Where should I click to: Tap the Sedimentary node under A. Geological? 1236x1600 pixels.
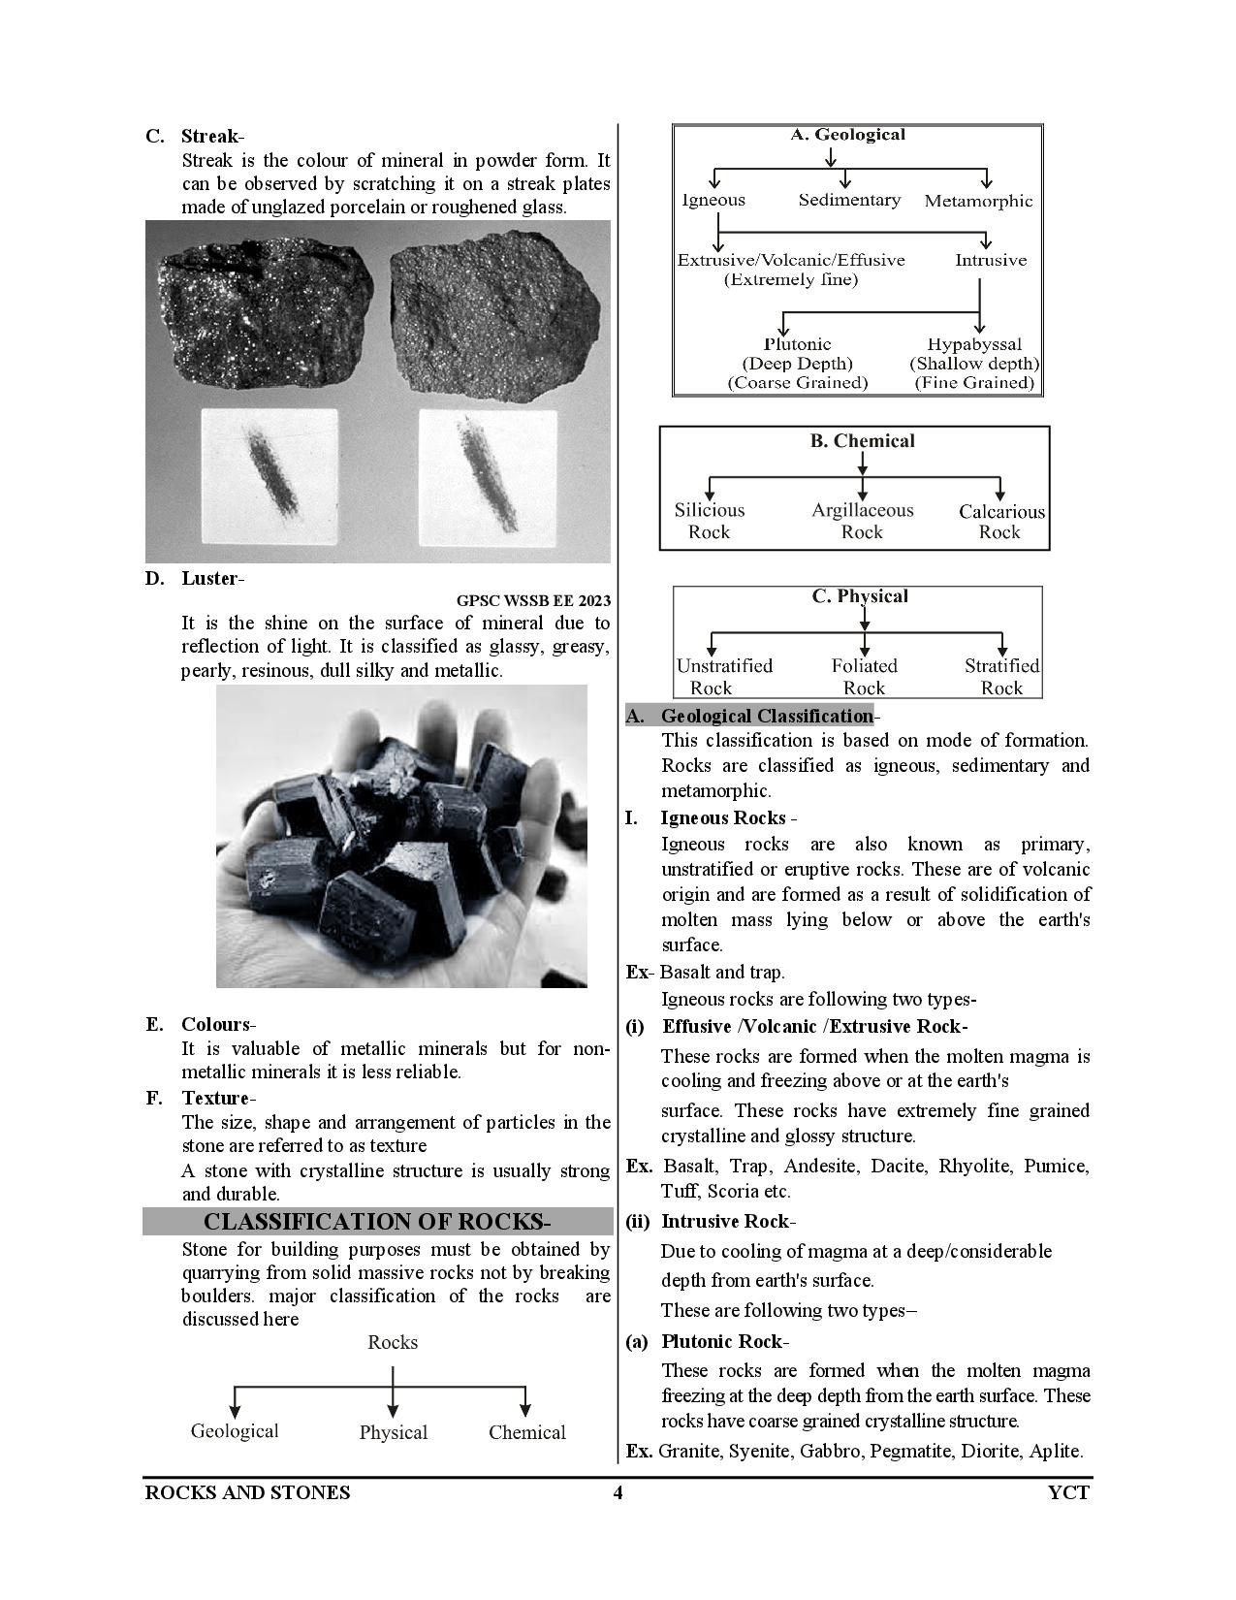(x=849, y=201)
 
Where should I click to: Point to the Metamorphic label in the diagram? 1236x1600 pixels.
(x=978, y=202)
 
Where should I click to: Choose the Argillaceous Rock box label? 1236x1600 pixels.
(x=862, y=521)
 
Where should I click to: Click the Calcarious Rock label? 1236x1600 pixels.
(x=1001, y=522)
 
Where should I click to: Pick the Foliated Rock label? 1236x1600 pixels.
(x=864, y=677)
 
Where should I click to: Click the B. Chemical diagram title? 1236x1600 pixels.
(x=862, y=441)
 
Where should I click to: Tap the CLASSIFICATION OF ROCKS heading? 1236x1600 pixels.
(x=377, y=1222)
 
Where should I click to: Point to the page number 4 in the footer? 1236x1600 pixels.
(x=618, y=1492)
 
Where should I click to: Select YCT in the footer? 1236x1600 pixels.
(x=1068, y=1492)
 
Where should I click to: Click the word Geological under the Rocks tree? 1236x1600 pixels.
(x=235, y=1431)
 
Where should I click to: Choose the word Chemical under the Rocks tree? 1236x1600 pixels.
(x=526, y=1433)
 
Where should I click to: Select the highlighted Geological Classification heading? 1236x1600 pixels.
(x=766, y=717)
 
